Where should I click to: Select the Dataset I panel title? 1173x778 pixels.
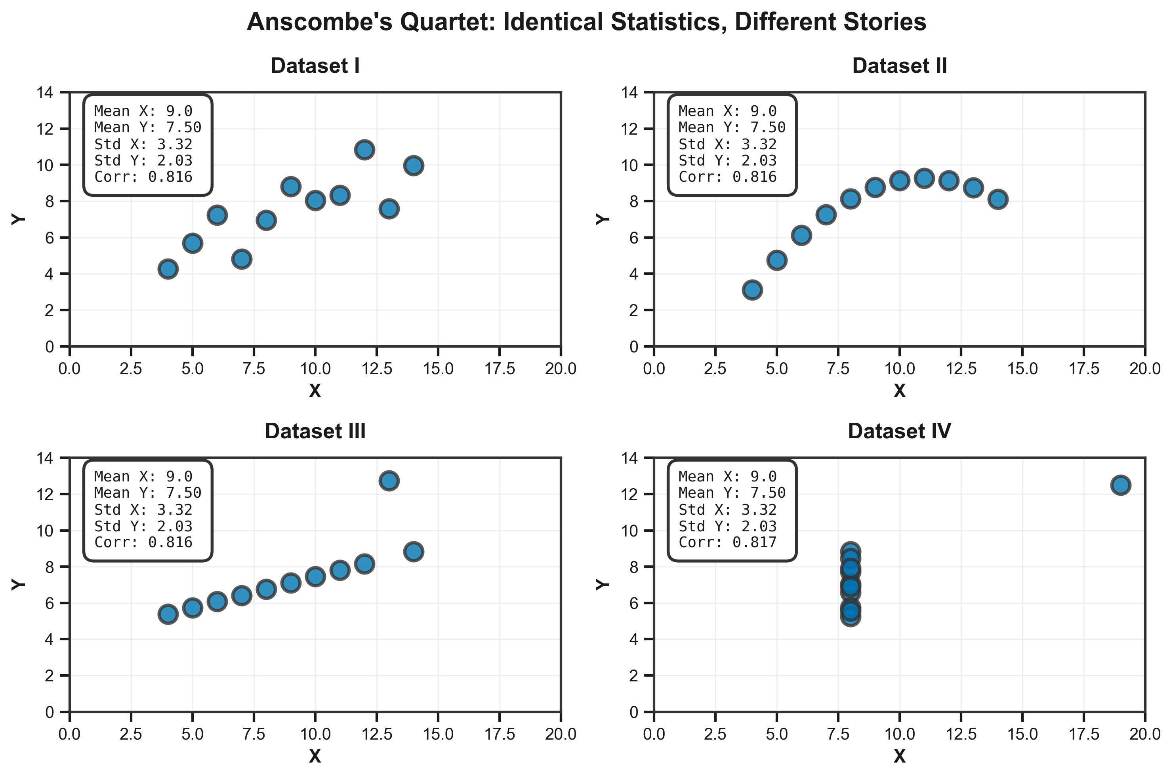tap(315, 66)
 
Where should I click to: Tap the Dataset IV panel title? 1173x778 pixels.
tap(899, 431)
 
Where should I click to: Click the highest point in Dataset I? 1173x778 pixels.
tap(364, 149)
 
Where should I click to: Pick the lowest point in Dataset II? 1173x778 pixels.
tap(752, 290)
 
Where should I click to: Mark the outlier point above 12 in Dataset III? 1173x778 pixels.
tap(389, 480)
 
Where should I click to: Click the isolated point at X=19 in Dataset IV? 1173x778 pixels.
tap(1120, 485)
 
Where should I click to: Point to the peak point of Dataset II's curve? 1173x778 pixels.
tap(924, 178)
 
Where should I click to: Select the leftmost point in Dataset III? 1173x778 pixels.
tap(168, 614)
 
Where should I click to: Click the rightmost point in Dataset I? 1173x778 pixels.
tap(414, 165)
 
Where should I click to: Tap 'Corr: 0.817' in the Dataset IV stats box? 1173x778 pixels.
tap(727, 542)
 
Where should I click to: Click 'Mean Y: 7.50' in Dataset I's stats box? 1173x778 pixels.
tap(148, 127)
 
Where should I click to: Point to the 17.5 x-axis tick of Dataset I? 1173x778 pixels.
tap(500, 369)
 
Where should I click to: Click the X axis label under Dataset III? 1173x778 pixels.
tap(315, 756)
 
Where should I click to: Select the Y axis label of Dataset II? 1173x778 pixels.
tap(602, 219)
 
